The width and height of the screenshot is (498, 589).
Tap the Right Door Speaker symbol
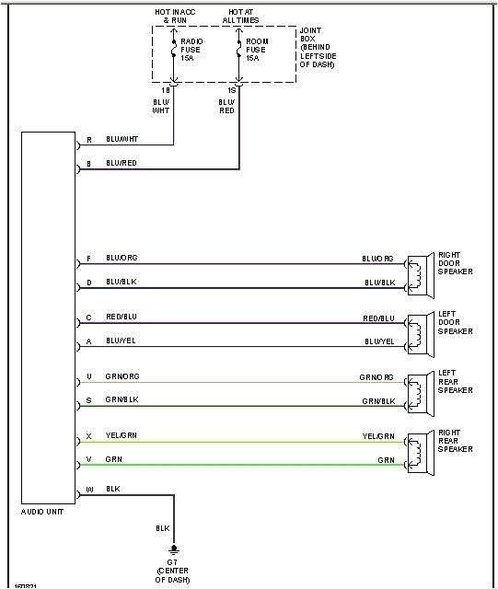pos(419,273)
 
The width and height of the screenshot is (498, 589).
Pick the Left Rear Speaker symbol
pos(419,389)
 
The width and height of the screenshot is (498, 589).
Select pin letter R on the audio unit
pos(88,140)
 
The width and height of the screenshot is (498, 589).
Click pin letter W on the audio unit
pos(88,490)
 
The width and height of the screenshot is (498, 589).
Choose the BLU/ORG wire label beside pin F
pos(121,258)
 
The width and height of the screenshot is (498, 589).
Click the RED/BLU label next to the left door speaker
pos(378,318)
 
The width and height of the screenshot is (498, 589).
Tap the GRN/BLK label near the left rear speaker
pos(377,400)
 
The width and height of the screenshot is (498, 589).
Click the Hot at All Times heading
pos(240,15)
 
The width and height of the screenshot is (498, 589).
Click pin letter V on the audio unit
pos(88,459)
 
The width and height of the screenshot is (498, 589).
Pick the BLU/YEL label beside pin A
pos(121,341)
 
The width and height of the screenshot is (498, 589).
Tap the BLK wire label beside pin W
pos(113,489)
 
